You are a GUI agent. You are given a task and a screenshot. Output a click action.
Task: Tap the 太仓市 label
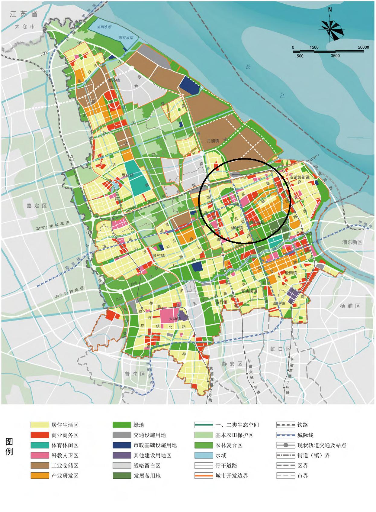pos(25,27)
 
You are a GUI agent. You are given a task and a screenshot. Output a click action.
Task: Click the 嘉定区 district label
pos(37,206)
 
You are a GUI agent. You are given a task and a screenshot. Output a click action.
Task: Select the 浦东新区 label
pos(352,242)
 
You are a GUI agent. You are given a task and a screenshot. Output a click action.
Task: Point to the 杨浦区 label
pos(350,306)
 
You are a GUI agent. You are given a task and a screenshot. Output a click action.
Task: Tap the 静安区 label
pos(232,364)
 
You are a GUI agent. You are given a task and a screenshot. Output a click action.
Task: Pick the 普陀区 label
pos(135,374)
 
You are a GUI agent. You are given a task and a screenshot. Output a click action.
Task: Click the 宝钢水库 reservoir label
pos(104,27)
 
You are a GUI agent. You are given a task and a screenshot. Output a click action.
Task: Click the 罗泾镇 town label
pos(114,80)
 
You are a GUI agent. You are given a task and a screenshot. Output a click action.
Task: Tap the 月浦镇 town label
pos(213,141)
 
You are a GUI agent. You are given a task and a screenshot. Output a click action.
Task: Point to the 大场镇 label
pos(175,319)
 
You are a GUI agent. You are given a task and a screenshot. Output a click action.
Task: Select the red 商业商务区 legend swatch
pos(40,435)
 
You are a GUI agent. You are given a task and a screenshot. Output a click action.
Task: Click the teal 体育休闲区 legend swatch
pos(40,445)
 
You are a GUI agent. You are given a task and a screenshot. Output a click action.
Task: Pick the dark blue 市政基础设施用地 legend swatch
pos(122,445)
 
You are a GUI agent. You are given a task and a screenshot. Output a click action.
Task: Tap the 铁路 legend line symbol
pos(285,425)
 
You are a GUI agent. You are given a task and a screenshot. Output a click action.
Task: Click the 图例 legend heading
pos(9,447)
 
